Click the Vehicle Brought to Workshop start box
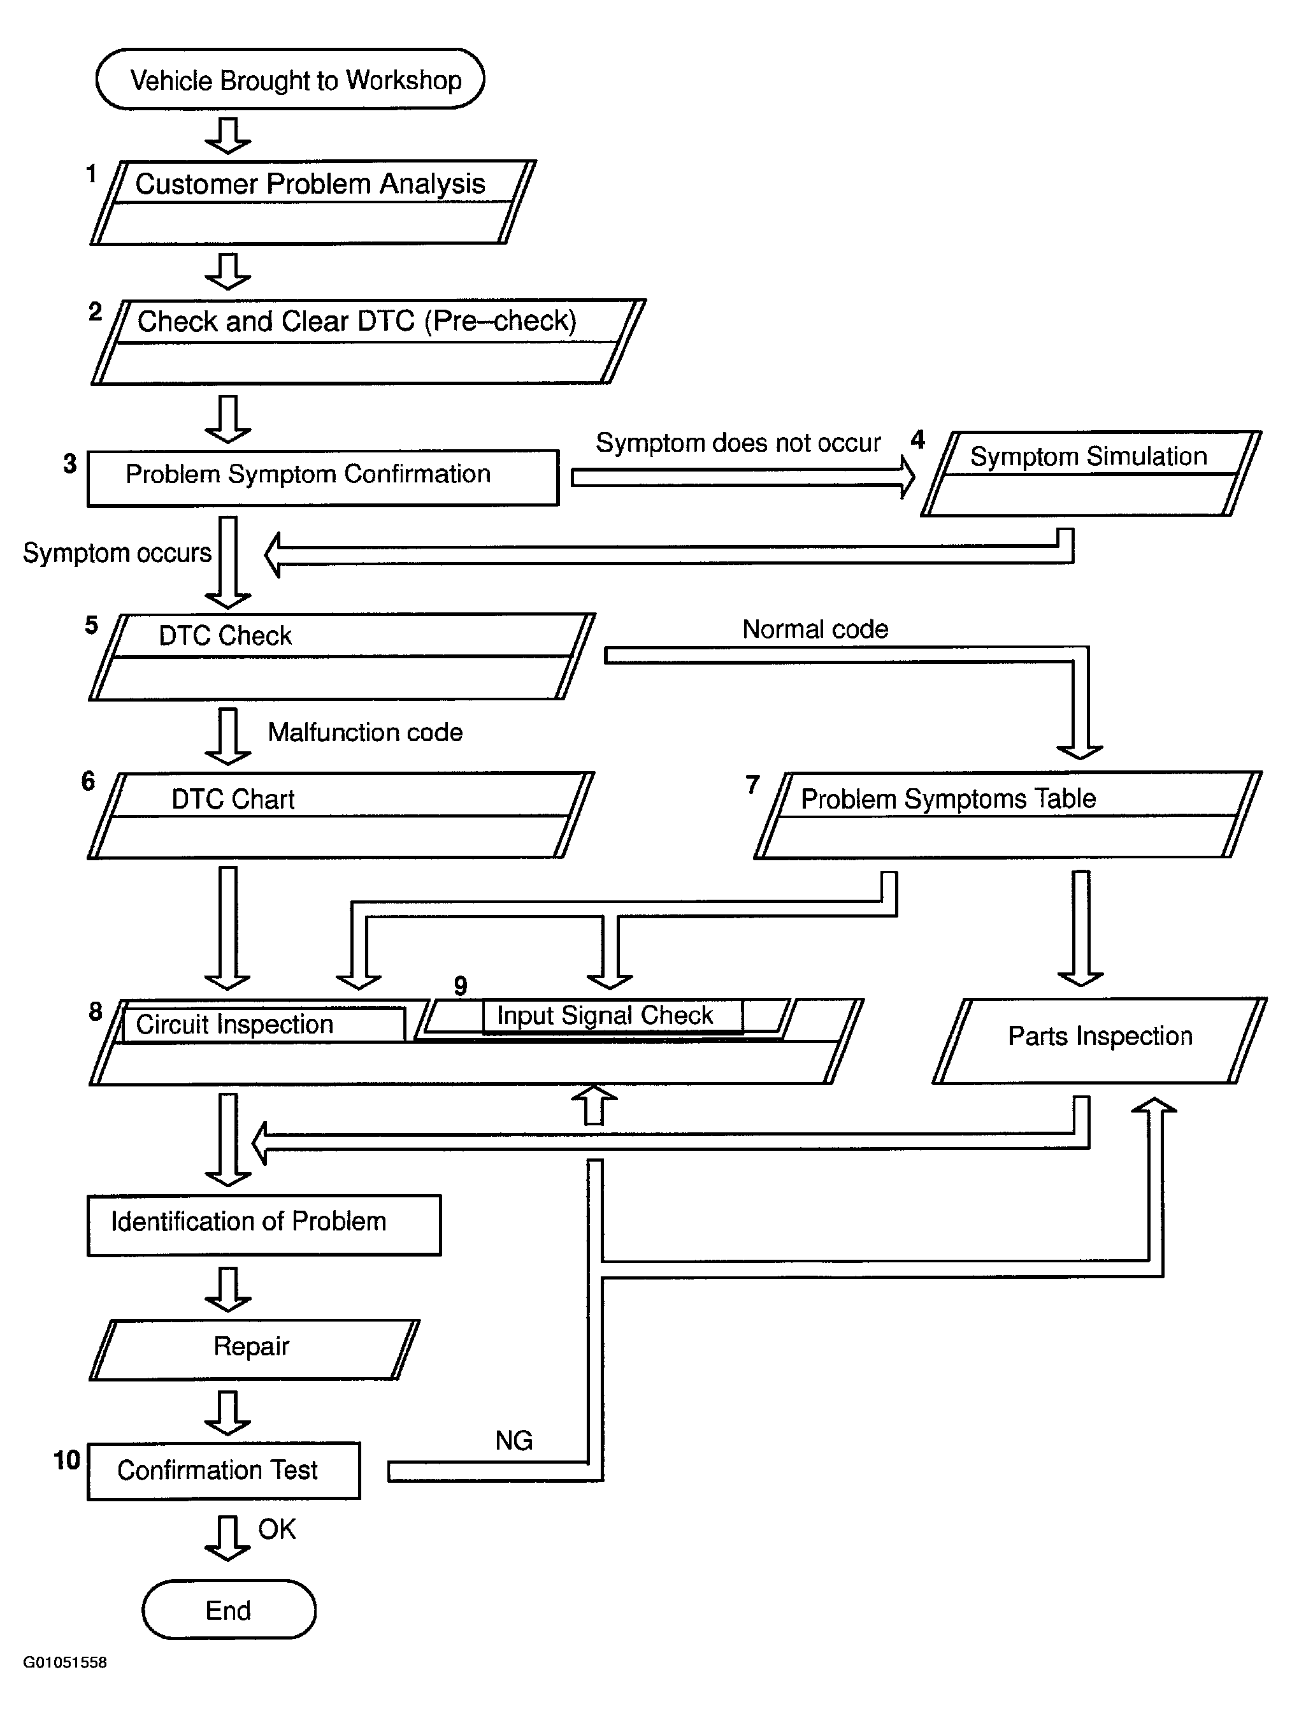(290, 79)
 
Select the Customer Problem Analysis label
(310, 184)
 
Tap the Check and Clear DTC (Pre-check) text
(357, 321)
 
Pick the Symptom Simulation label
(1089, 456)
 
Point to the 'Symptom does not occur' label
(738, 443)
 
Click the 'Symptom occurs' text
(117, 552)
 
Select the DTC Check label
(225, 636)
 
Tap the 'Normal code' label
(815, 629)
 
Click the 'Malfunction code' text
(365, 732)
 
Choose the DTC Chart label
(233, 799)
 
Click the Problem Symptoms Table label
(948, 799)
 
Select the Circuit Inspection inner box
(264, 1024)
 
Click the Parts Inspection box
(1100, 1041)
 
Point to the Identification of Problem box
(264, 1225)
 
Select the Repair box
(254, 1350)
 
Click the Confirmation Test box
(224, 1471)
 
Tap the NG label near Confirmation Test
(513, 1441)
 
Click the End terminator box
(229, 1610)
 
